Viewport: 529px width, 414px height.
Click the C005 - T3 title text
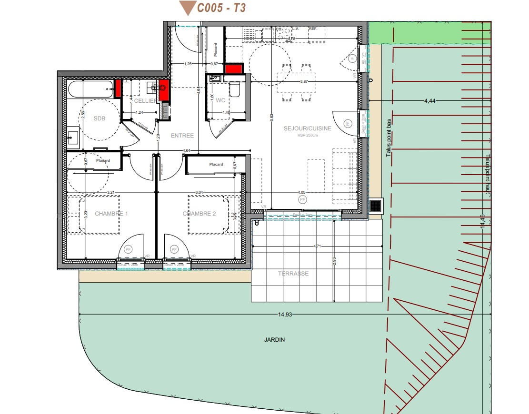221,8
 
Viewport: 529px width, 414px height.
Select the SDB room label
99,118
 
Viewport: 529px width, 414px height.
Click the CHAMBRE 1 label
111,214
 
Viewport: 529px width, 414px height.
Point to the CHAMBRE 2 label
200,214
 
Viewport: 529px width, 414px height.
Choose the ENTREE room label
182,136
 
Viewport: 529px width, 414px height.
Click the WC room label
220,100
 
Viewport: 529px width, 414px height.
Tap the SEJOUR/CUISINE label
307,128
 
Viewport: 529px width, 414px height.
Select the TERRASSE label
293,274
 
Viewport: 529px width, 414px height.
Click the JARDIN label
274,340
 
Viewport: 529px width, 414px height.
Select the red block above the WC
233,69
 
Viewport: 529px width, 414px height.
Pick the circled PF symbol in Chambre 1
128,249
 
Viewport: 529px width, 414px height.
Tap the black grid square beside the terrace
375,206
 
